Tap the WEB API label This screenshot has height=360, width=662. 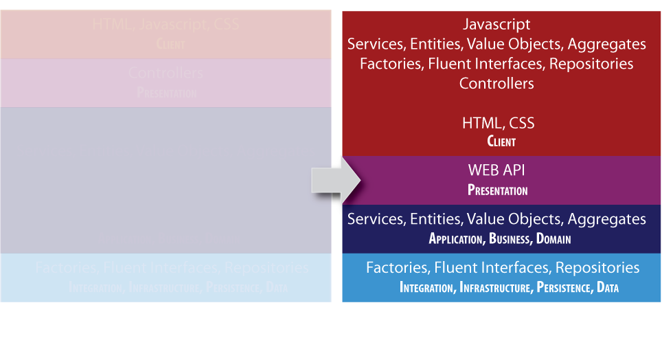click(x=497, y=170)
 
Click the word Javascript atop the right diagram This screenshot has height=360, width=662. click(x=496, y=25)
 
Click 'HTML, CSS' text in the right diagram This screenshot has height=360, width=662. click(x=498, y=124)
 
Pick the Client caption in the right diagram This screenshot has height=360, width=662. click(x=501, y=142)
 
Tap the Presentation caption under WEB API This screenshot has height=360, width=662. click(x=498, y=190)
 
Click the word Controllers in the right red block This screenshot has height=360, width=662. click(x=496, y=84)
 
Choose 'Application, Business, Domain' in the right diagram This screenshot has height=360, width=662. click(x=500, y=239)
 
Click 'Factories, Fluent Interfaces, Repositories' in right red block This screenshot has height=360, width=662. click(x=496, y=64)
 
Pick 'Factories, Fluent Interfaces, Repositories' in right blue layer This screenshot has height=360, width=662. click(x=503, y=267)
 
